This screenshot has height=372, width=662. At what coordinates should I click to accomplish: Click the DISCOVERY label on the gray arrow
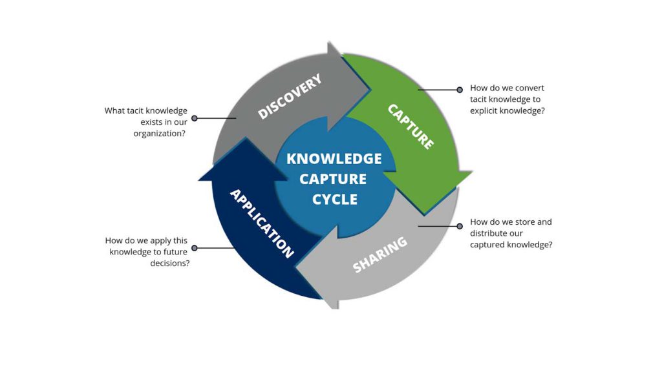[x=290, y=97]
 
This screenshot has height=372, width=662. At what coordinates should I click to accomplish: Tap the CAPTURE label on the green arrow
[x=411, y=127]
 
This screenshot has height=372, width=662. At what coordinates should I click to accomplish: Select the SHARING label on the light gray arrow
[x=380, y=254]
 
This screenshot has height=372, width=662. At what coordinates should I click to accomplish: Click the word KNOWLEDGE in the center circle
[x=334, y=159]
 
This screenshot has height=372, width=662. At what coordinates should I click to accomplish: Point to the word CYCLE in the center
[x=334, y=200]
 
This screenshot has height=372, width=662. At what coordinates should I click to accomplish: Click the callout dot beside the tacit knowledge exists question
[x=194, y=118]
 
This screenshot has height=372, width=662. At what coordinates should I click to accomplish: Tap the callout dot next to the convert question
[x=460, y=90]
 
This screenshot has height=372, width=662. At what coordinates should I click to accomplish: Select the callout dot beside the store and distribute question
[x=460, y=226]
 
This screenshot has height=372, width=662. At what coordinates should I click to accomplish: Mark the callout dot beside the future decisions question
[x=194, y=247]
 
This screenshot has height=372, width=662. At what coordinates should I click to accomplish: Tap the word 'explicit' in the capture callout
[x=484, y=110]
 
